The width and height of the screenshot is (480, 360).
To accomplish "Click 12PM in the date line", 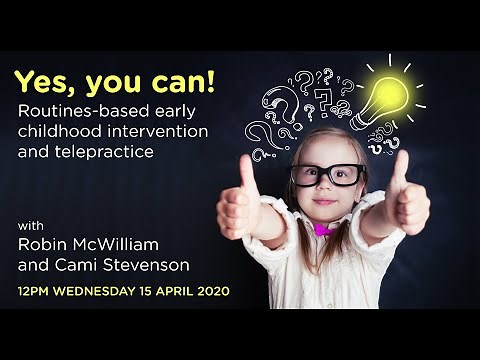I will pyautogui.click(x=33, y=291).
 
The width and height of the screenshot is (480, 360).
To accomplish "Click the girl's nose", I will pyautogui.click(x=327, y=186).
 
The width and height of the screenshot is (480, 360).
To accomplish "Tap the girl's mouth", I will pyautogui.click(x=326, y=200).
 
